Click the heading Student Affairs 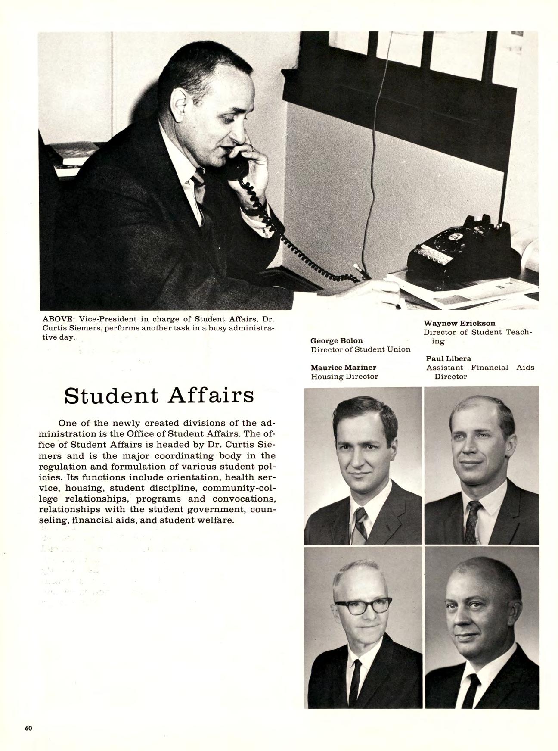coord(159,395)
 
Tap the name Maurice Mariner coord(343,367)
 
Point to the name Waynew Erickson coord(459,323)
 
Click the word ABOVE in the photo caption coord(59,319)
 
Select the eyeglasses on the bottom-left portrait coord(363,605)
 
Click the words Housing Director coord(344,377)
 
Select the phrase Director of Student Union coord(360,349)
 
